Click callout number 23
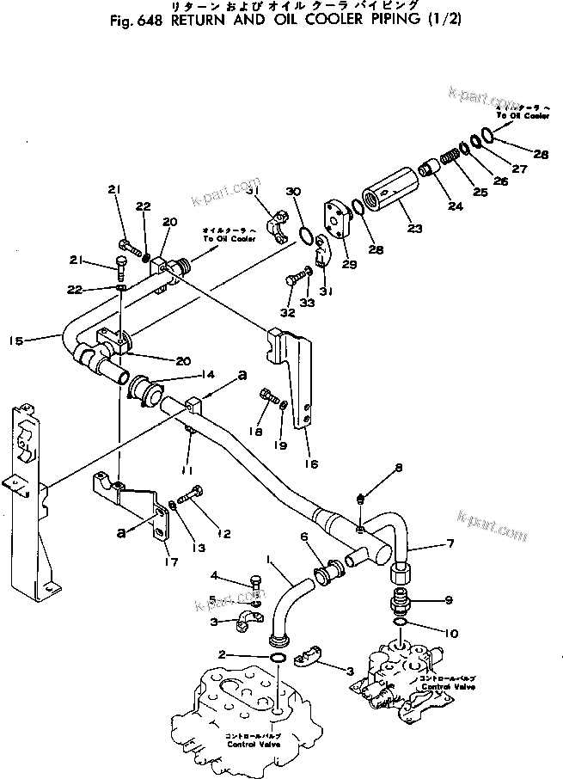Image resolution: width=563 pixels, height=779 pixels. point(416,230)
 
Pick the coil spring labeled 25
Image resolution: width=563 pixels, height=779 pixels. point(448,160)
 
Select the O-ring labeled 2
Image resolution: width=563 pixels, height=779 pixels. point(278,659)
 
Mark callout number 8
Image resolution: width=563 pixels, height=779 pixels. point(398,468)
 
